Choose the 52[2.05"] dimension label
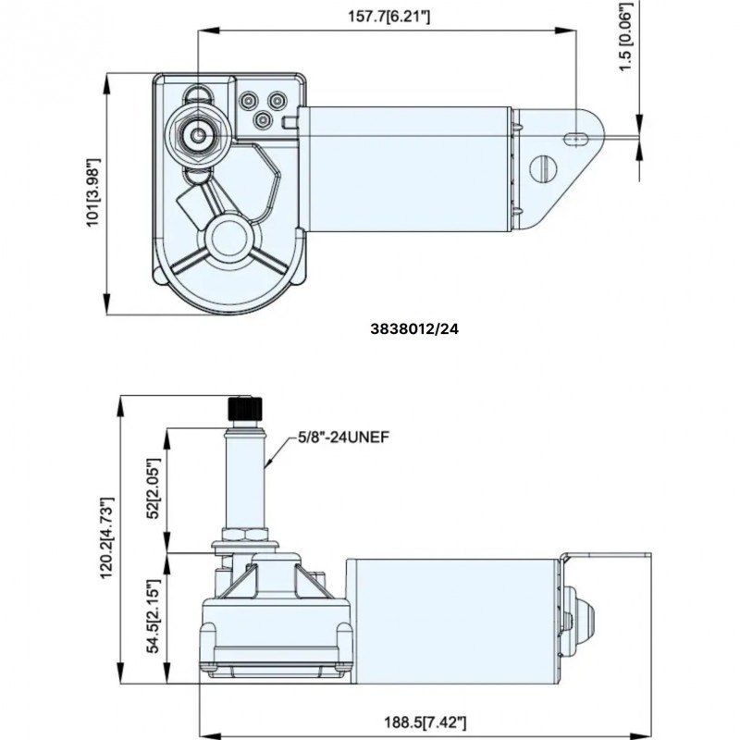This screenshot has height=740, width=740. pyautogui.click(x=154, y=490)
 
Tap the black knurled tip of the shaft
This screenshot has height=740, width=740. pyautogui.click(x=244, y=408)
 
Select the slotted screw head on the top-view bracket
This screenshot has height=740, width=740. pyautogui.click(x=543, y=167)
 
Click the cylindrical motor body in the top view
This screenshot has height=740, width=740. pyautogui.click(x=407, y=166)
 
